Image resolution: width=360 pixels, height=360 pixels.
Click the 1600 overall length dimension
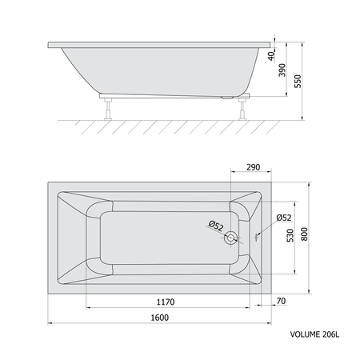159,318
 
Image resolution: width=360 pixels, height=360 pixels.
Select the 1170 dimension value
166,302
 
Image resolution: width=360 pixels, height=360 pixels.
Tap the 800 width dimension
304,234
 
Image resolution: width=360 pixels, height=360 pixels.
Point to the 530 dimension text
290,235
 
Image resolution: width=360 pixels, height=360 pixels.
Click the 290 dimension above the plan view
253,167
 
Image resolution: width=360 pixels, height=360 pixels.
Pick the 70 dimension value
281,301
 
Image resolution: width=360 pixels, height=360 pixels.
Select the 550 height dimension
298,81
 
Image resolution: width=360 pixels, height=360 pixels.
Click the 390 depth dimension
282,70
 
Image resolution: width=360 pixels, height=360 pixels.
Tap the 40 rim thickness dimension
271,56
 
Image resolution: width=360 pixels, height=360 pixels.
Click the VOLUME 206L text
314,334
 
